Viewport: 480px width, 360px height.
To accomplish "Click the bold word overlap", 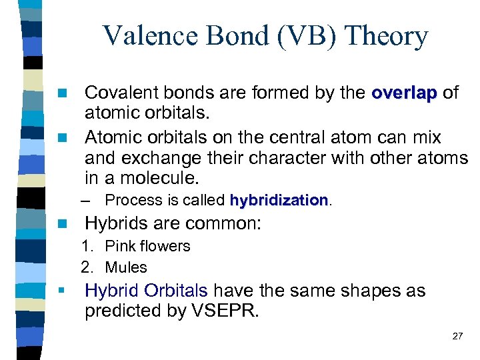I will point(407,93).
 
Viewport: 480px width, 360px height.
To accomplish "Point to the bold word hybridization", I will point(279,200).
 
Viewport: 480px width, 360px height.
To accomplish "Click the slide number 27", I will point(457,336).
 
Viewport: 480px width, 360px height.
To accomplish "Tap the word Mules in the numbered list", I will point(126,267).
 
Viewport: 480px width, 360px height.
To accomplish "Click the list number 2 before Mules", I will point(86,267).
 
